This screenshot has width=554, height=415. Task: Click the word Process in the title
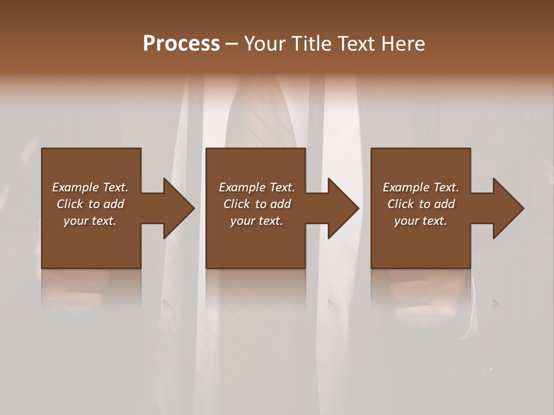tap(181, 44)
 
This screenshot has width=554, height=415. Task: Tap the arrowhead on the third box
tap(507, 208)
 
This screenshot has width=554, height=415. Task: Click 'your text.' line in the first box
tap(90, 221)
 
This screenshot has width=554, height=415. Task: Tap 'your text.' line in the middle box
tap(257, 221)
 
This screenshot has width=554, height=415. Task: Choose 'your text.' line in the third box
tap(421, 221)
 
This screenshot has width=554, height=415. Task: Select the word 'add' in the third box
tap(445, 204)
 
